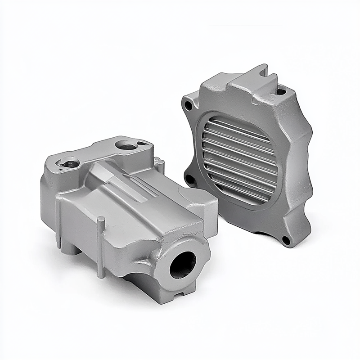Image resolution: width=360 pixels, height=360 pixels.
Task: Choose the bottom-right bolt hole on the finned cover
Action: pyautogui.click(x=285, y=239)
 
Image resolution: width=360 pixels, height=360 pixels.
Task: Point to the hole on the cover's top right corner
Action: pyautogui.click(x=281, y=92)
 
